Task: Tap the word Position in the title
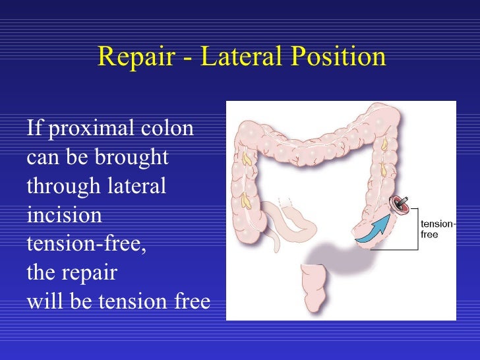coord(340,57)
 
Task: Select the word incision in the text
coord(64,215)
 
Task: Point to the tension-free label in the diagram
coord(436,229)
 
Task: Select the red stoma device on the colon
coord(400,206)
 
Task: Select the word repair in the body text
coord(92,272)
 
